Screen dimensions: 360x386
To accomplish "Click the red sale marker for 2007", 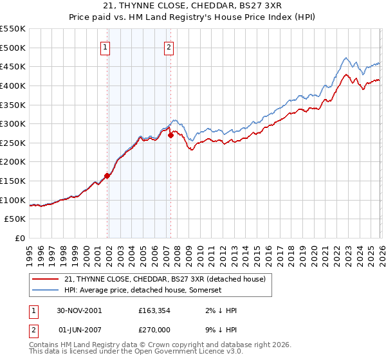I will [170, 135].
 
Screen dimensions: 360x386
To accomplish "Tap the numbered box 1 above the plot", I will [105, 46].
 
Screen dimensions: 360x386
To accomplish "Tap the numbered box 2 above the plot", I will [169, 46].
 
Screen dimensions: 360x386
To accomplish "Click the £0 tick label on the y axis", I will [19, 238].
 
